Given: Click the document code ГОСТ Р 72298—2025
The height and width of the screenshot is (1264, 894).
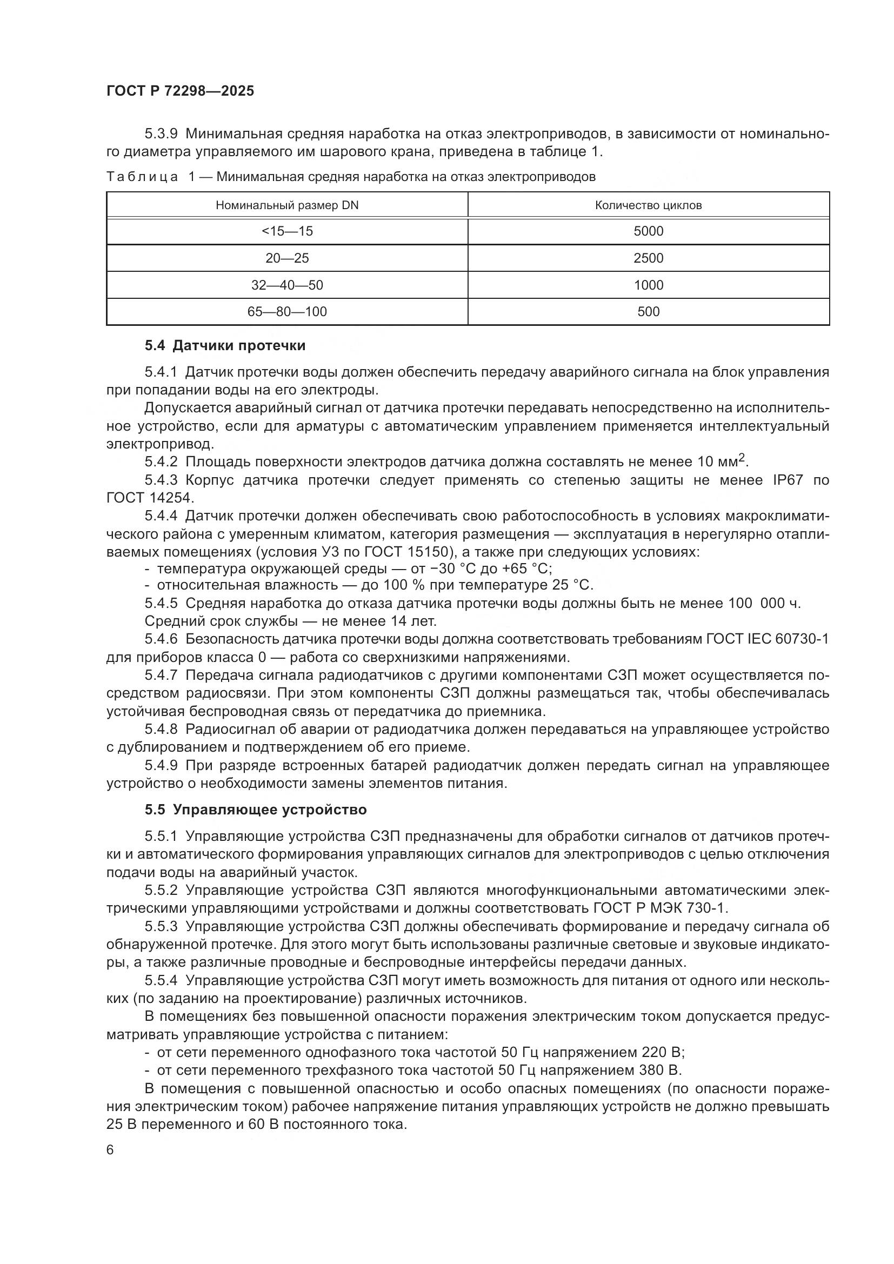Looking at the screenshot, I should point(180,91).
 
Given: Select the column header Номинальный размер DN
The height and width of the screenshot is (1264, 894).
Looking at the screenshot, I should point(287,205).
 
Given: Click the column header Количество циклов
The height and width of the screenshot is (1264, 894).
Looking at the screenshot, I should point(648,205).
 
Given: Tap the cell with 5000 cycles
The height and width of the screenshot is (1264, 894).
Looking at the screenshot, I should point(648,231).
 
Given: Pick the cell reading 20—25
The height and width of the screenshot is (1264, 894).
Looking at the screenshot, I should point(287,258).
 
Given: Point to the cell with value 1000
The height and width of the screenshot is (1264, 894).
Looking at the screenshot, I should point(648,285).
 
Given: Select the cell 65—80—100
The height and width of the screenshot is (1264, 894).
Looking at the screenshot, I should point(287,312).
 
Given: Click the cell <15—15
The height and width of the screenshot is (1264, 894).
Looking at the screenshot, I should point(287,231).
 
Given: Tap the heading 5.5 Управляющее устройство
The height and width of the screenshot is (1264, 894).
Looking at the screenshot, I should point(256,810).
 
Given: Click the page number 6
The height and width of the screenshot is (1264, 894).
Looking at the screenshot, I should point(110,1150).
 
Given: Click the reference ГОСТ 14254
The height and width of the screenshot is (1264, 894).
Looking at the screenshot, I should point(149,498).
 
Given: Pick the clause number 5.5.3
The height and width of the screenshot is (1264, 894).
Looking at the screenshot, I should point(161,927).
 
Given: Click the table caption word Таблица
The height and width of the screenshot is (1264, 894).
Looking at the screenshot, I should point(142,177).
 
